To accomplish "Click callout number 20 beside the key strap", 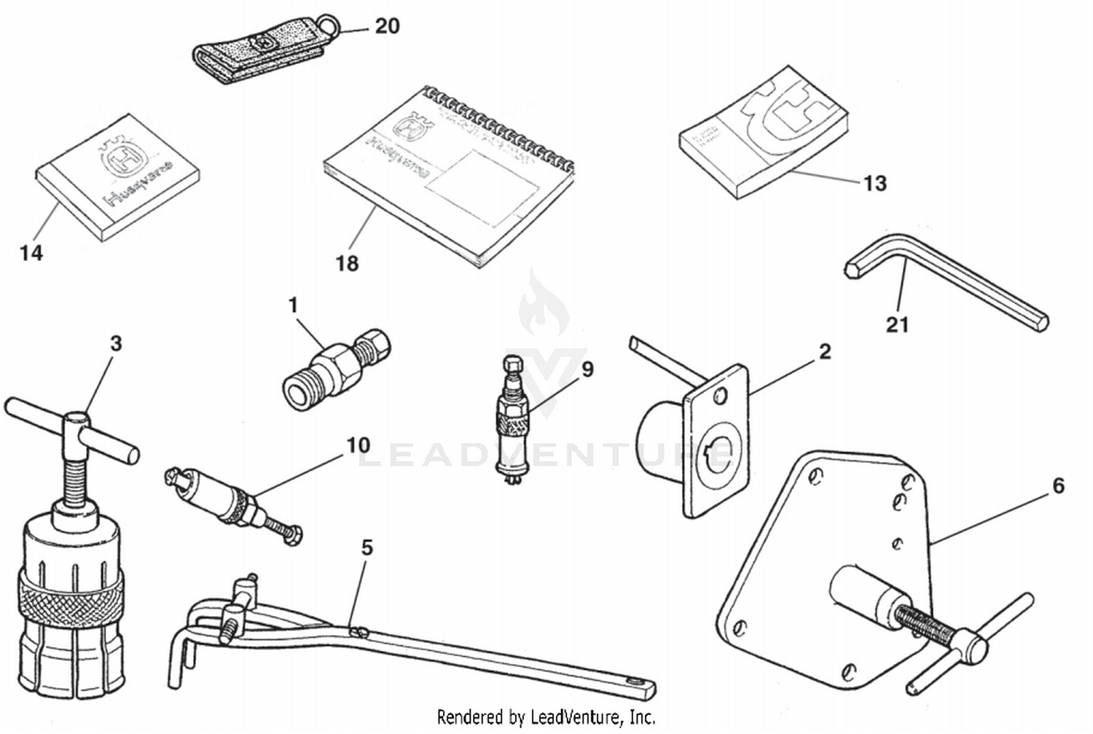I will point(387,26).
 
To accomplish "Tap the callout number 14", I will point(31,253).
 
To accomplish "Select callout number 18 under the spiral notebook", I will point(347,263).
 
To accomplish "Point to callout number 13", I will point(874,183).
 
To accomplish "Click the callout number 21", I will point(897,324).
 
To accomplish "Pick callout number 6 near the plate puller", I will point(1058,485).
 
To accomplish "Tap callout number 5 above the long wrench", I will point(367,547).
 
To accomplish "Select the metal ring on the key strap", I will point(332,26).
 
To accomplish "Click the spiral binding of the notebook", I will point(503,124).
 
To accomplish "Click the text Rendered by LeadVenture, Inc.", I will point(546,717).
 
